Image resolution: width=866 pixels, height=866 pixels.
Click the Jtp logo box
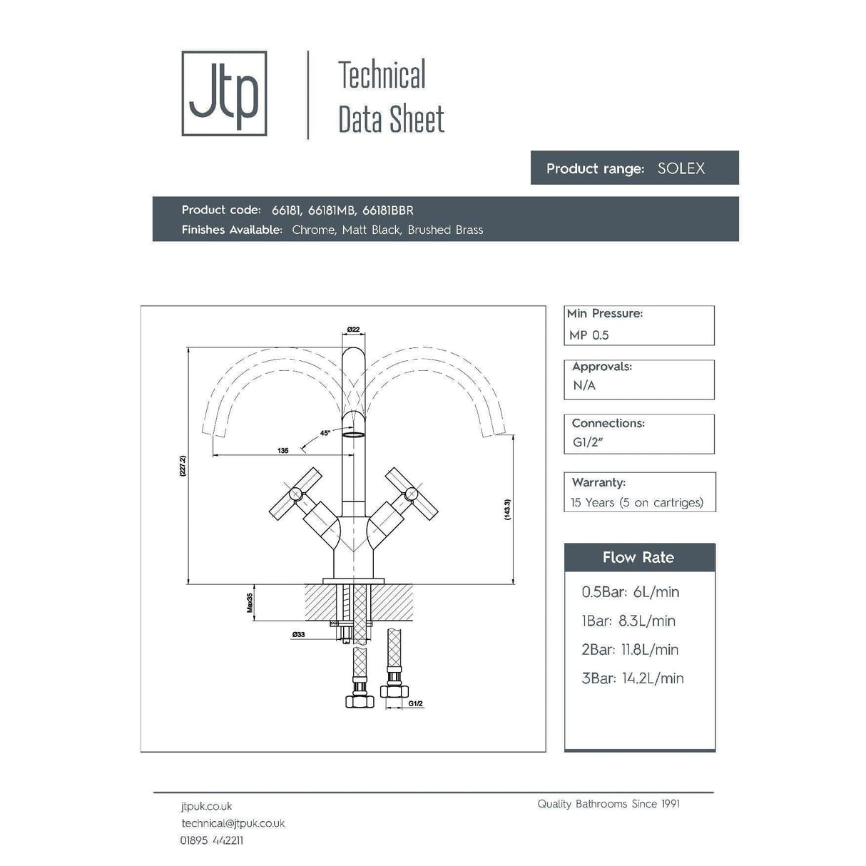224,93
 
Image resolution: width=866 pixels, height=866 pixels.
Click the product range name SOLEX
681,169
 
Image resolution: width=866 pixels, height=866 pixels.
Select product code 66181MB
332,210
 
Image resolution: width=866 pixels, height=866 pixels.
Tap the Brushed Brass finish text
445,230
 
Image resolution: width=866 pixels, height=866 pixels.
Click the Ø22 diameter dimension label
353,329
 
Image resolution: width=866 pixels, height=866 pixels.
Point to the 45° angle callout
325,433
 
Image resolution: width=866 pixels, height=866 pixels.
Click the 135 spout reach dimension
283,450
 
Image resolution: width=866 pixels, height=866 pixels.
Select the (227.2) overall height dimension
183,467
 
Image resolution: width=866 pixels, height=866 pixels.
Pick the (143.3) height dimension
507,509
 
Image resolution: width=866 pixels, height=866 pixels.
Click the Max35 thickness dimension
250,603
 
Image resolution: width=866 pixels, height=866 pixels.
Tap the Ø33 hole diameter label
298,634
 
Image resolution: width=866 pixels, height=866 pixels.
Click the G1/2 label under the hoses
416,704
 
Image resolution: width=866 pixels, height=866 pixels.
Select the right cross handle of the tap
412,493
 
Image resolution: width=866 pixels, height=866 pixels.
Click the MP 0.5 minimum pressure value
589,335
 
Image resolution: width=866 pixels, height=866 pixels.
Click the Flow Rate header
638,558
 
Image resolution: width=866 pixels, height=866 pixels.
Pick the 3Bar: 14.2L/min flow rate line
632,678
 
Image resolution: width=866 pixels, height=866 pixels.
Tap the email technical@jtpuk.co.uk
233,823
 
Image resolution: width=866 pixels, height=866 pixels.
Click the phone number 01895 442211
211,840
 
